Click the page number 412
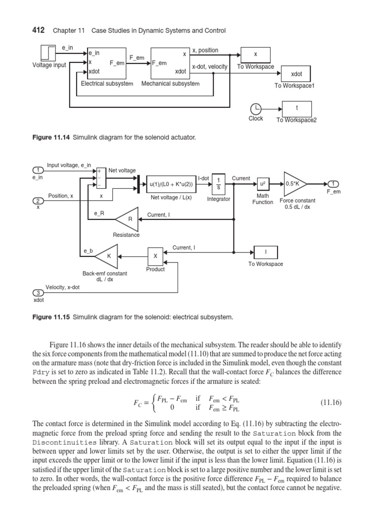pos(39,31)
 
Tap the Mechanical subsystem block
pos(170,63)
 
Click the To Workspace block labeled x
pos(255,54)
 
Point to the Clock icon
pos(256,109)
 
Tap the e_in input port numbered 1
pos(38,170)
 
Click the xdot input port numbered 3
pos(38,293)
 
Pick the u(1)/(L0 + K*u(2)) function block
pos(171,184)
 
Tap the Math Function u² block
pos(262,184)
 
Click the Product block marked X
pos(155,256)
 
